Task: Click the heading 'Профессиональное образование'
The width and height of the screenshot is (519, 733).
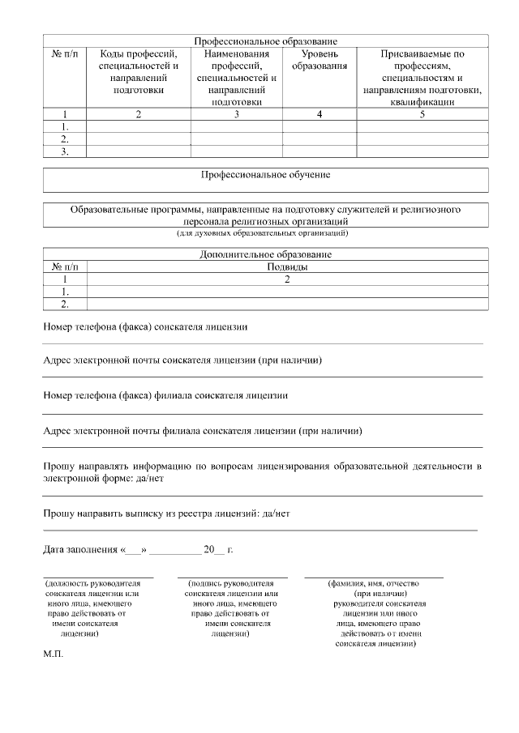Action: click(x=265, y=40)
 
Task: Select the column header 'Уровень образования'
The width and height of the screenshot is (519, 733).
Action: click(x=320, y=59)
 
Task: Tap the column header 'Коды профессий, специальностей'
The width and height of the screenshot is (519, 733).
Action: click(x=138, y=71)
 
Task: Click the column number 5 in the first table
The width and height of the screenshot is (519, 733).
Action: click(x=422, y=115)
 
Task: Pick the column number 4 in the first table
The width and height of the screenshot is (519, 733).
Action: click(x=320, y=115)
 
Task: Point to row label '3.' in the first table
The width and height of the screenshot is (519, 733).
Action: click(x=64, y=151)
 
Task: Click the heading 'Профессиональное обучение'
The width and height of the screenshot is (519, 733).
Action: click(x=265, y=174)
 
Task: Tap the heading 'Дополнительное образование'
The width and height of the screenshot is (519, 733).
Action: click(x=265, y=254)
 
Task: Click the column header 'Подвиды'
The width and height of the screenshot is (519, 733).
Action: click(x=287, y=266)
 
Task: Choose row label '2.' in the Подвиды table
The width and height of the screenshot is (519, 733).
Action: click(x=64, y=304)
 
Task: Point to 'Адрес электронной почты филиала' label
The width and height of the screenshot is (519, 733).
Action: click(x=202, y=431)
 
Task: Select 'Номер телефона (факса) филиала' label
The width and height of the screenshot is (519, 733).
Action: click(x=165, y=396)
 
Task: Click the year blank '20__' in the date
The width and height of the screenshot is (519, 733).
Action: click(x=215, y=550)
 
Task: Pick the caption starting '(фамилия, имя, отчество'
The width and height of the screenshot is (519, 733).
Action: click(x=372, y=582)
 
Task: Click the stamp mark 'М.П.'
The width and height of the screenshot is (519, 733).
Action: click(x=53, y=658)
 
